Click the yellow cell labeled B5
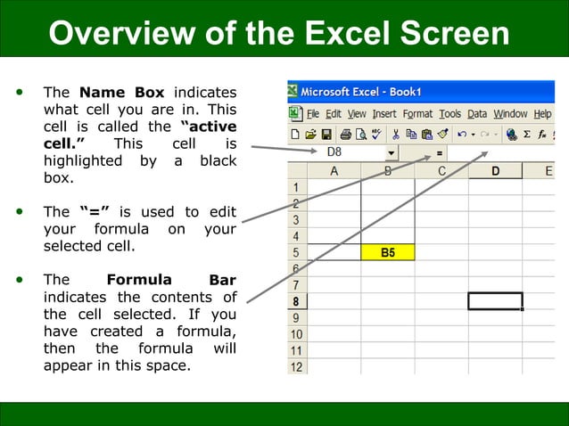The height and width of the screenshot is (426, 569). point(388,252)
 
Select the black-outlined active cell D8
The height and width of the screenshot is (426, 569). point(495,300)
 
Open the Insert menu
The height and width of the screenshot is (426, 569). point(383,114)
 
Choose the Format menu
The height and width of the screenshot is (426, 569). point(417,114)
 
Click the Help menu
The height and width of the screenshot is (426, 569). point(542,114)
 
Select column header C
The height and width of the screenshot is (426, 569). point(441,170)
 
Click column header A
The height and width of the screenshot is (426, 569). point(334,170)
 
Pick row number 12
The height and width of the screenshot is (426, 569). point(296,366)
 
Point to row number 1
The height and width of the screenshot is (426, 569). point(296,187)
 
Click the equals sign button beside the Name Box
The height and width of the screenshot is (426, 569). point(440,153)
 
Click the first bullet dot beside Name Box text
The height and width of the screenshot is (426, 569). point(21,92)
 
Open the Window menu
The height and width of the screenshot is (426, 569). point(510,114)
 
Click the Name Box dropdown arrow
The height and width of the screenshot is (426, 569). point(391,153)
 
